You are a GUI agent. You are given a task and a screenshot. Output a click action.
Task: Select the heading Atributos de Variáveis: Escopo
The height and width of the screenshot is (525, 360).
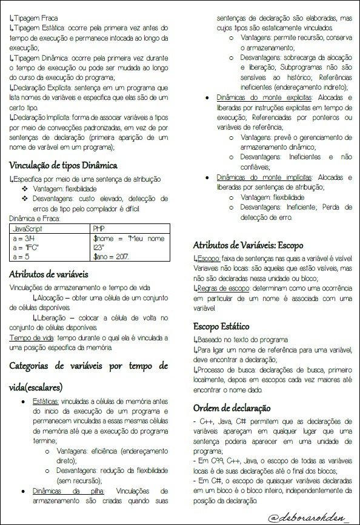pos(248,245)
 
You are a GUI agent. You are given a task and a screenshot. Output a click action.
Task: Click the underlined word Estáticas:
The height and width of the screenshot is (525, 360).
pos(45,401)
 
